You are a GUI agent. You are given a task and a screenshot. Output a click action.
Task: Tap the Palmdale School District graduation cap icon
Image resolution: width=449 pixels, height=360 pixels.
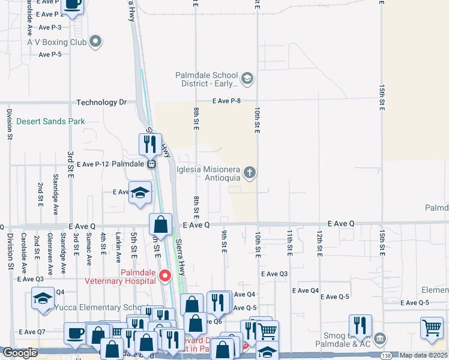coord(247,79)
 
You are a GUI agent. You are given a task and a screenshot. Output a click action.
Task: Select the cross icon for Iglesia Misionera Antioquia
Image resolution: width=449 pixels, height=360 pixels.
coord(250,173)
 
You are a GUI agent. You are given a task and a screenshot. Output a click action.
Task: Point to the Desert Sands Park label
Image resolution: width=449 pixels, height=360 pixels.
coord(50,121)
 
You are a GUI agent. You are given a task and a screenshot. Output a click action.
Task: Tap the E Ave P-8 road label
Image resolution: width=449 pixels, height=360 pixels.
coord(226,101)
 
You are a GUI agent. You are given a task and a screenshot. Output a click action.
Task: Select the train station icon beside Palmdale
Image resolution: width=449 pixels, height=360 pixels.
coord(152,163)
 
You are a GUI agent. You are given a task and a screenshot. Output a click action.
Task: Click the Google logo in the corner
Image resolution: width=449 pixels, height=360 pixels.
coord(20,353)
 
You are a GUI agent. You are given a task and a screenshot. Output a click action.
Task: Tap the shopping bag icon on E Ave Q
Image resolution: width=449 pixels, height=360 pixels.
coord(161,226)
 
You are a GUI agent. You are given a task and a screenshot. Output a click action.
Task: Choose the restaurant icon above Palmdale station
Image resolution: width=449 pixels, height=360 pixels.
coord(150,144)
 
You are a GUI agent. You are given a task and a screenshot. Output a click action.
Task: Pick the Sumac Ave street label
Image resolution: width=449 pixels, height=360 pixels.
coord(89,251)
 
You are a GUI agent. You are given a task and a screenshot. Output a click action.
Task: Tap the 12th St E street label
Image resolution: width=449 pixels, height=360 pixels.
coord(320,243)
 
